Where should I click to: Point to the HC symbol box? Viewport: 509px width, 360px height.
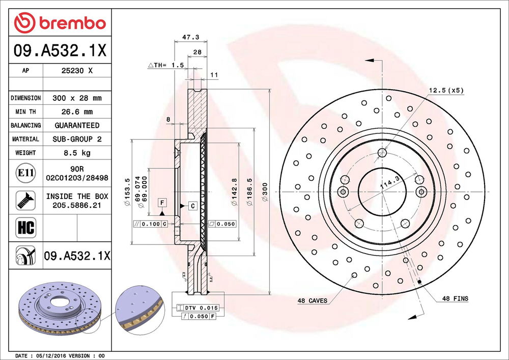point(25,227)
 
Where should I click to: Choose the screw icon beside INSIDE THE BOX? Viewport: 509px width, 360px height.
point(25,200)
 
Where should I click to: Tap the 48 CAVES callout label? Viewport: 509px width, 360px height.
point(312,300)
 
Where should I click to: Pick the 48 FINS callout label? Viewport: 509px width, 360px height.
point(455,298)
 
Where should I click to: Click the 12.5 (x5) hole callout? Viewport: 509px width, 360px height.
point(445,91)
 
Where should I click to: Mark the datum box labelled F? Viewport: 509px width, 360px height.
point(162,203)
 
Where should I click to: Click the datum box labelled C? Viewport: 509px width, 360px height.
point(193,206)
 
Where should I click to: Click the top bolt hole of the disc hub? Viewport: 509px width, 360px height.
point(382,153)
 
